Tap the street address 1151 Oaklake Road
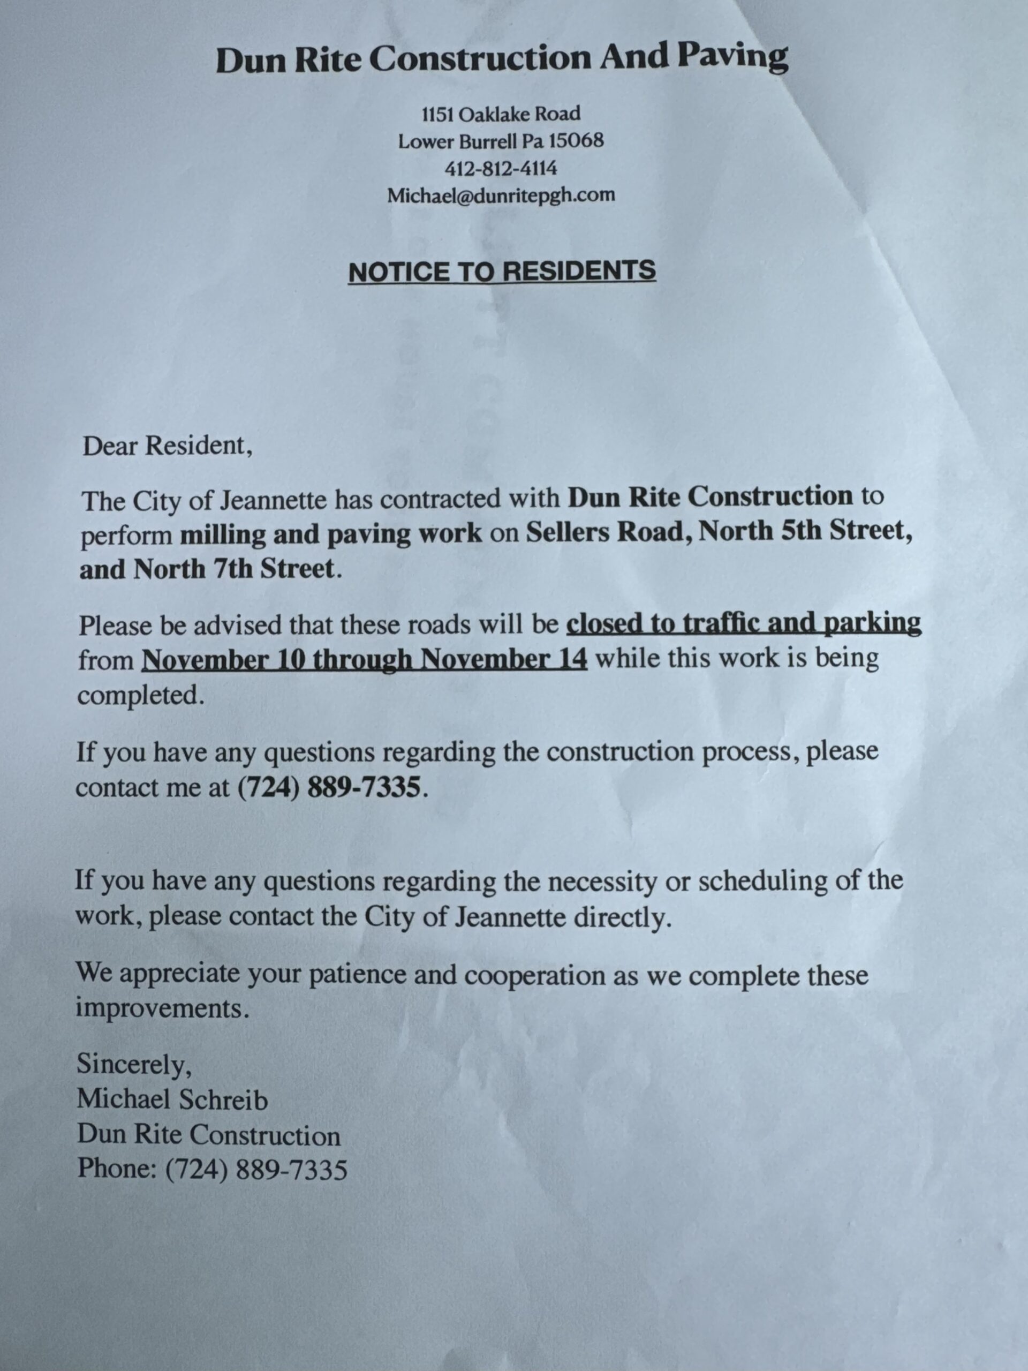click(x=501, y=114)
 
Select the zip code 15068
click(x=576, y=141)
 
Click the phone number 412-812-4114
click(x=501, y=168)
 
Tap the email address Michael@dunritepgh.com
click(x=501, y=195)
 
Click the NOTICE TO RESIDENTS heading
click(x=501, y=272)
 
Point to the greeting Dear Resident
click(x=167, y=446)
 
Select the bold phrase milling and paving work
click(x=331, y=534)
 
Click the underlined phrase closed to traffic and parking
click(x=744, y=623)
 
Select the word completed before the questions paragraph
click(x=140, y=696)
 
